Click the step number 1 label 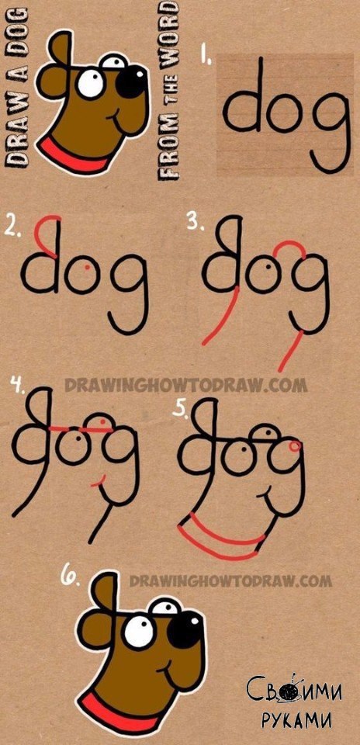click(x=205, y=55)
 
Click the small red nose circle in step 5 click(x=295, y=445)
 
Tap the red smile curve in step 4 click(x=99, y=482)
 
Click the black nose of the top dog click(x=131, y=79)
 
